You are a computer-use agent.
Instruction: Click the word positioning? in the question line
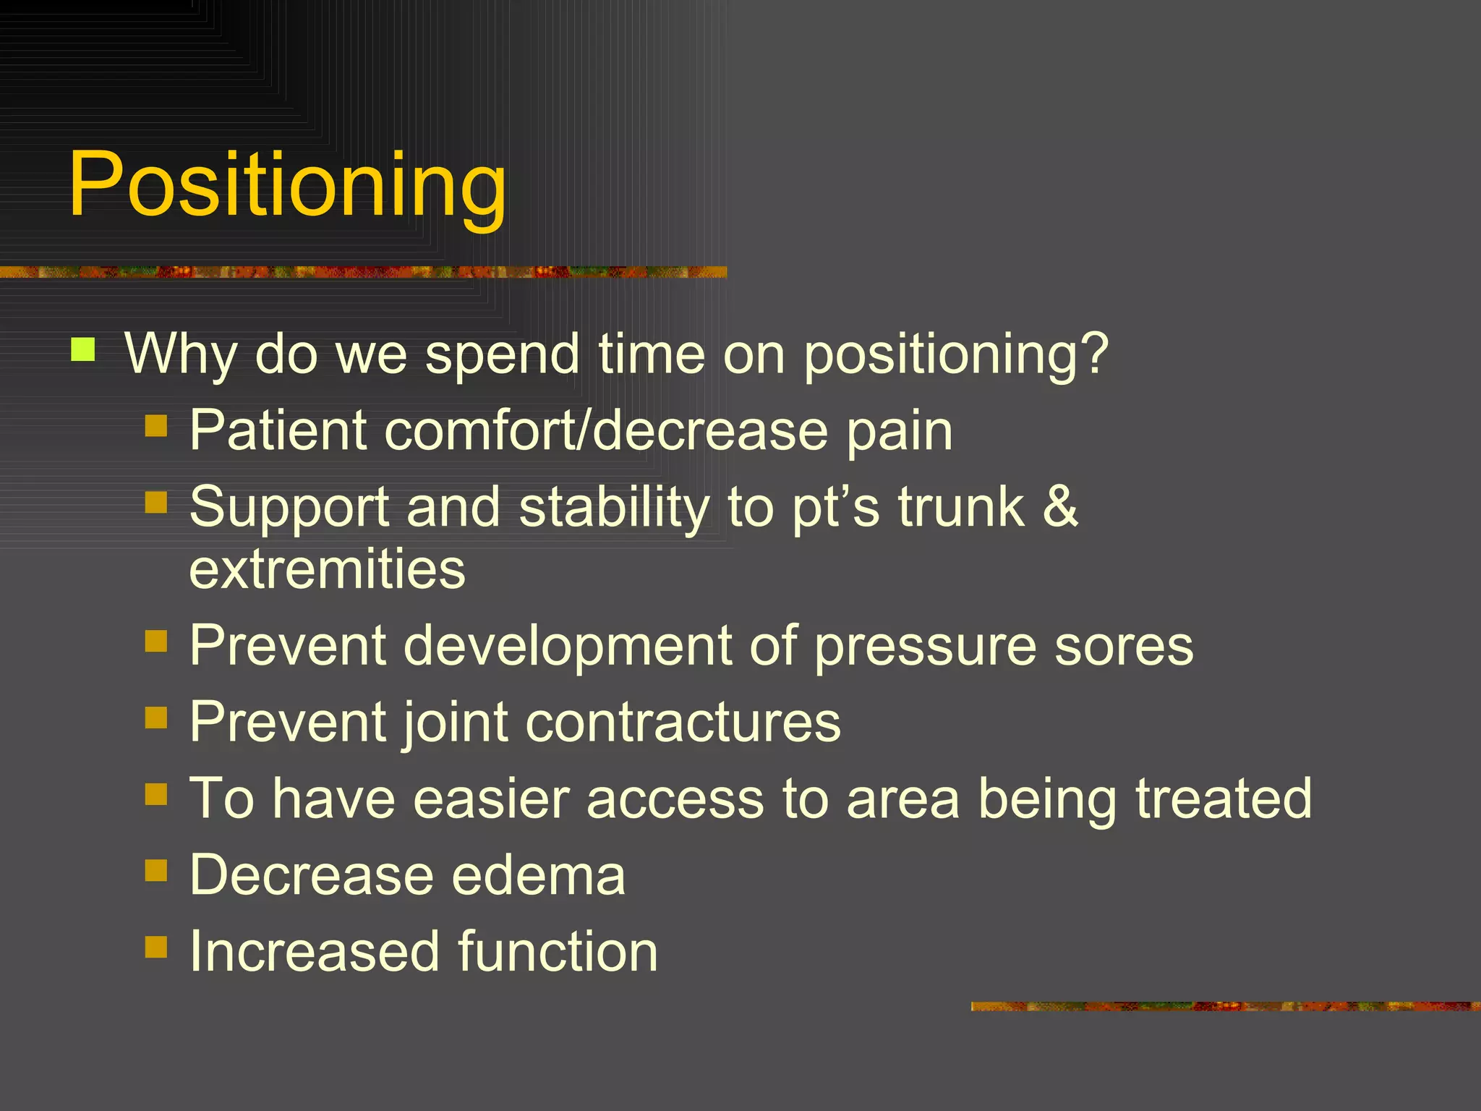(x=955, y=356)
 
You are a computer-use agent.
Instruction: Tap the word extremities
(x=327, y=570)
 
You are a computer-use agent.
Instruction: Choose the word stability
(x=614, y=508)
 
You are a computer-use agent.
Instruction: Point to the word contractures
(x=683, y=723)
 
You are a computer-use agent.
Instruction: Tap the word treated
(x=1223, y=799)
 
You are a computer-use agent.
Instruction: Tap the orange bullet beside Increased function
(x=156, y=947)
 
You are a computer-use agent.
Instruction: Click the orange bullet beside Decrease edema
(x=156, y=871)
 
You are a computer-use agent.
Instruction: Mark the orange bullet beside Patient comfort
(x=156, y=426)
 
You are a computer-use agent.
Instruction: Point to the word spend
(x=502, y=356)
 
